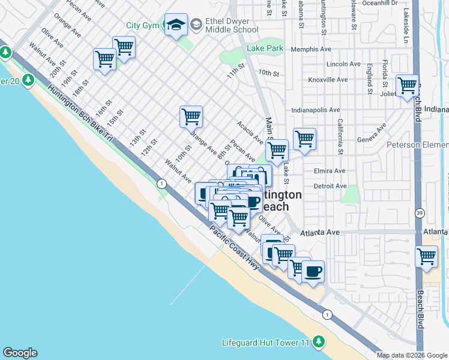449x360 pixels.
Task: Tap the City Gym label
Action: coord(142,25)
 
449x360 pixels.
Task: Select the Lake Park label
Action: coord(265,48)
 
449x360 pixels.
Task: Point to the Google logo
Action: coord(20,353)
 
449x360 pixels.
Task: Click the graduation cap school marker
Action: coord(176,25)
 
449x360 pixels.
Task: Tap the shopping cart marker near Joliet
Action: coord(407,85)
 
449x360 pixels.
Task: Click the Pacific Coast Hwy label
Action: coord(234,248)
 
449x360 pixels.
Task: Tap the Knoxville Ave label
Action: coord(328,80)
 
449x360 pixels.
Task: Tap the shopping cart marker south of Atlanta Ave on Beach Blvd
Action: coord(426,256)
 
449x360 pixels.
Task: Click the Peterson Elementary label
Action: coord(417,145)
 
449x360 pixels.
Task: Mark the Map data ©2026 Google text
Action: coord(412,355)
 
